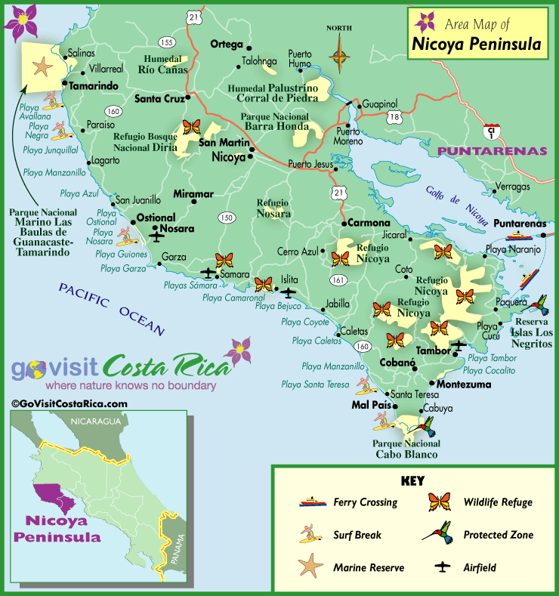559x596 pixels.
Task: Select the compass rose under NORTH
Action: click(340, 56)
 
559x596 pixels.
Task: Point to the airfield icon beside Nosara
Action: click(157, 236)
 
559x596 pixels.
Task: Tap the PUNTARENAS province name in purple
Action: click(493, 151)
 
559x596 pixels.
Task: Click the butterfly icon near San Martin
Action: click(191, 127)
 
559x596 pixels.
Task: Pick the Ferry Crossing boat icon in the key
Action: click(311, 502)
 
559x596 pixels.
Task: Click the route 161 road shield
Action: click(337, 280)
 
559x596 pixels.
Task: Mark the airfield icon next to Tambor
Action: click(459, 345)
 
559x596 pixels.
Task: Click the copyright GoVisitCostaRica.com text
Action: click(69, 403)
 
